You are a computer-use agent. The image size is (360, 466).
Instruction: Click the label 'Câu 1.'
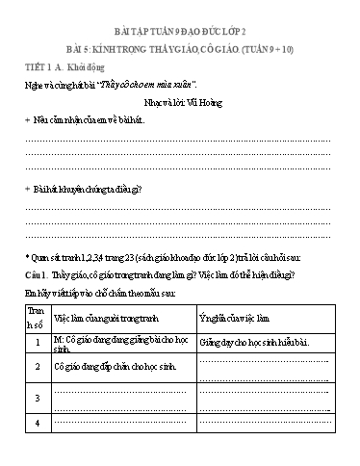pos(39,274)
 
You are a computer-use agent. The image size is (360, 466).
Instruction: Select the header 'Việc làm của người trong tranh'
pos(104,316)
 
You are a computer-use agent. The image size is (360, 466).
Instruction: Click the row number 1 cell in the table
pos(37,343)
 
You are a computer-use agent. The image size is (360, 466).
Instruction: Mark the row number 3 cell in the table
pos(37,396)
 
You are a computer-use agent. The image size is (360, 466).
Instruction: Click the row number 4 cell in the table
pos(37,422)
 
